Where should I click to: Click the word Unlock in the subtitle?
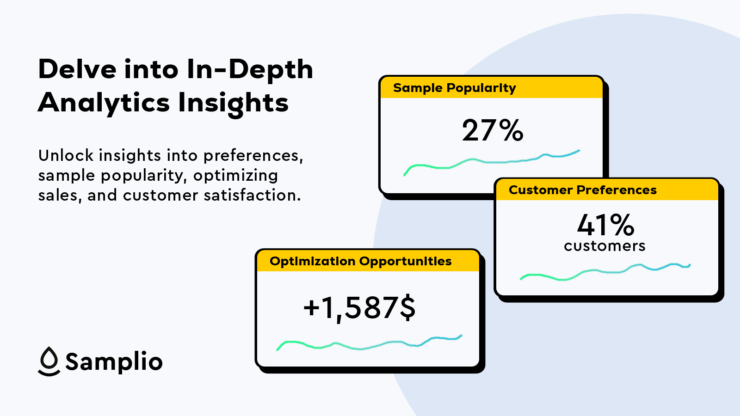coord(66,155)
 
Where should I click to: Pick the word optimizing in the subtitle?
coord(235,176)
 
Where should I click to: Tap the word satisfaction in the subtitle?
coord(252,195)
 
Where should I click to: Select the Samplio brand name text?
coord(114,362)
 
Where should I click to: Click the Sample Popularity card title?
coord(455,88)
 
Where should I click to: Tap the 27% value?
coord(493,130)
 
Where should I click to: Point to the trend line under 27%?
coord(492,162)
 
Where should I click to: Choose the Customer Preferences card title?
coord(583,190)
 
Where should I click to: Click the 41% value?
coord(605,225)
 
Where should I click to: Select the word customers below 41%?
coord(604,246)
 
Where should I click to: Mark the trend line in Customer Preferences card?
coord(605,272)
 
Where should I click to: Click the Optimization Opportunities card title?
coord(360,262)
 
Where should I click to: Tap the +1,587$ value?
coord(359,308)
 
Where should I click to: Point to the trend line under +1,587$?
coord(369,344)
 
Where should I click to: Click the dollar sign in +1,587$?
coord(407,308)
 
